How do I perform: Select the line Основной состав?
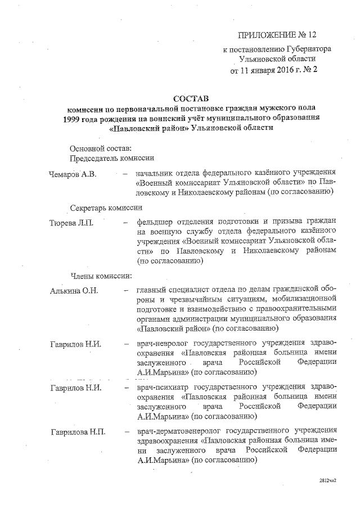click(101, 148)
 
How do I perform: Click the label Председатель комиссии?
click(111, 159)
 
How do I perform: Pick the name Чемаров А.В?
click(73, 174)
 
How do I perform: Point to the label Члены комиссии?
click(101, 276)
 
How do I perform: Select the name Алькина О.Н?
click(74, 290)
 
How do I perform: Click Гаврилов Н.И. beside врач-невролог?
click(75, 344)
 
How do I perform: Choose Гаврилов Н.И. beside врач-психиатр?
click(75, 388)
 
